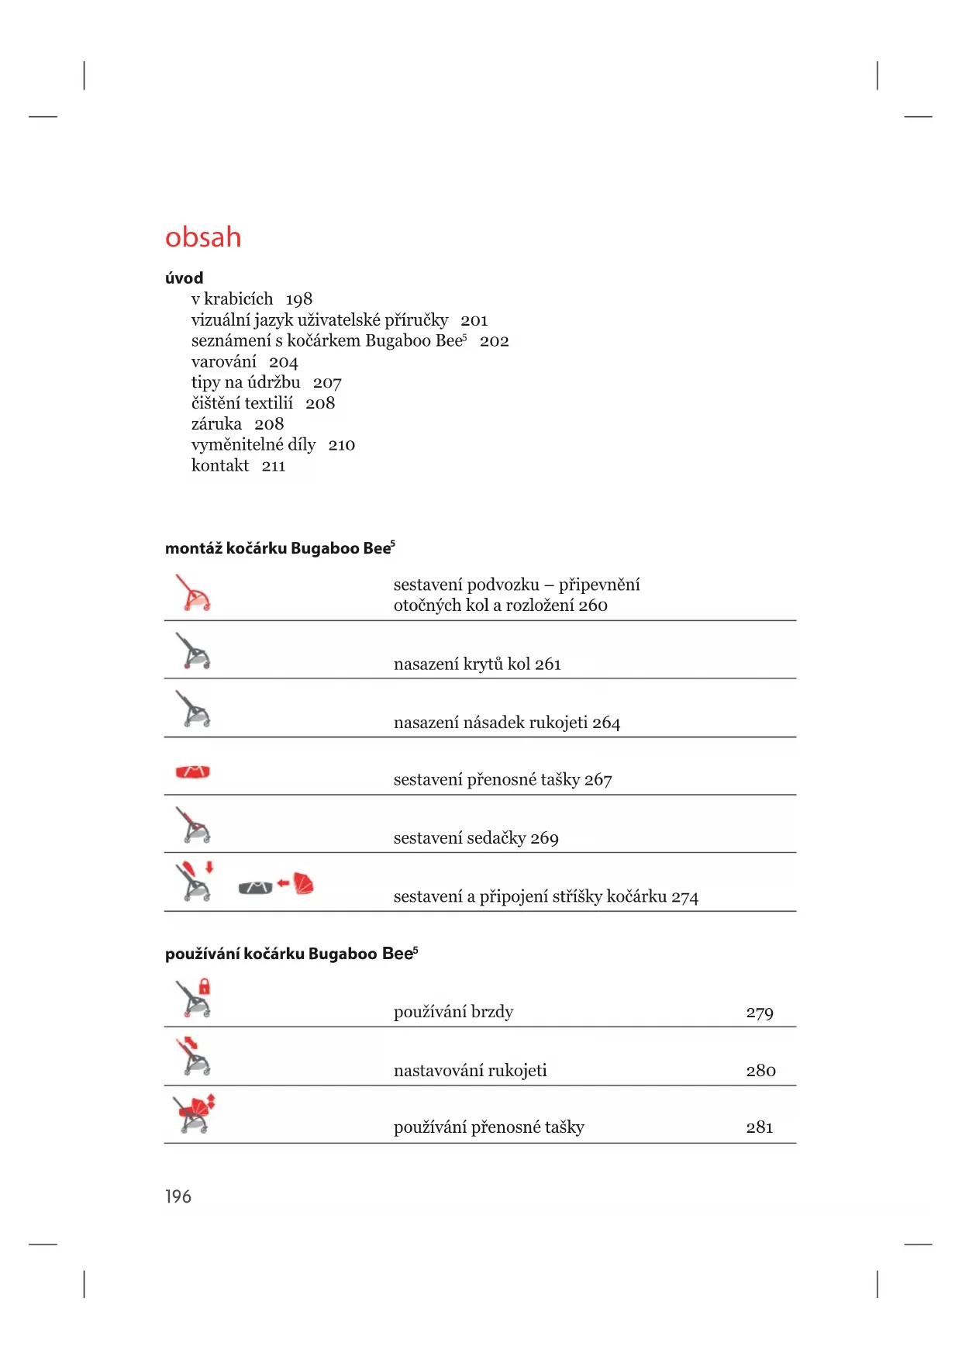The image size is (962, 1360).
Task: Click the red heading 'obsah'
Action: (203, 237)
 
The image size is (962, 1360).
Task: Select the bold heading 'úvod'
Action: (184, 278)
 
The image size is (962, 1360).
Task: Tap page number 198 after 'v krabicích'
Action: (298, 299)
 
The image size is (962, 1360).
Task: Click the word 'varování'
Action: (223, 362)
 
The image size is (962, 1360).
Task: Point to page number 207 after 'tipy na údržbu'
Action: (327, 383)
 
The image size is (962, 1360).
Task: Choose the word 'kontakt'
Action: (220, 466)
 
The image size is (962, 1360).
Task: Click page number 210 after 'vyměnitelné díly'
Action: (341, 445)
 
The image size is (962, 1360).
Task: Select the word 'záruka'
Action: (216, 424)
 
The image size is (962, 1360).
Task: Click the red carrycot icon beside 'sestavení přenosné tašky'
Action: (193, 771)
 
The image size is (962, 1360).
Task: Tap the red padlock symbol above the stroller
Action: (205, 986)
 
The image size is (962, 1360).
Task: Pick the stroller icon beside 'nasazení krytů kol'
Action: (193, 651)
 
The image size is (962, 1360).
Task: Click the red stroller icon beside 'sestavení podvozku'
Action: (193, 593)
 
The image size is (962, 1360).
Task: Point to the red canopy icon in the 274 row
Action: (304, 883)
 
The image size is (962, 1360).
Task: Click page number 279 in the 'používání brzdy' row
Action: (760, 1013)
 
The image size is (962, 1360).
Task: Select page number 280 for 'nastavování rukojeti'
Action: (760, 1071)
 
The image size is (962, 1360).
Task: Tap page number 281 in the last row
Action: (760, 1127)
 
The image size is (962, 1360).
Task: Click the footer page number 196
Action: (178, 1196)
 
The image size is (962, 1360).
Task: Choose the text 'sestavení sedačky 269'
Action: (476, 838)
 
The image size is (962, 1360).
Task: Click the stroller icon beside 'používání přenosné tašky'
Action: (194, 1114)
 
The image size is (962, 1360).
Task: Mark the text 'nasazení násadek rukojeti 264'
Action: (507, 723)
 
